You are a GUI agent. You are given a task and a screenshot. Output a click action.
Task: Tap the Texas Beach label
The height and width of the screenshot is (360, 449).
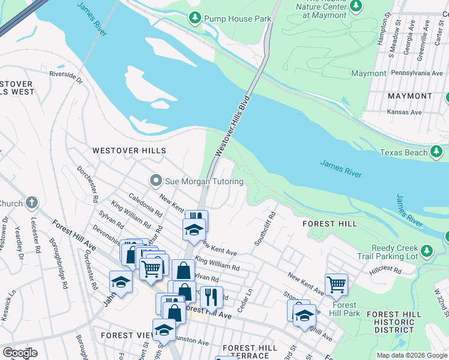(405, 152)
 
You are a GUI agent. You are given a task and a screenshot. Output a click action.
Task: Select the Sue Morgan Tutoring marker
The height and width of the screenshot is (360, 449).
(156, 181)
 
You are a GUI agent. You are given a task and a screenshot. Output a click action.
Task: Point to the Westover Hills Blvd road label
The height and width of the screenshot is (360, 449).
(232, 128)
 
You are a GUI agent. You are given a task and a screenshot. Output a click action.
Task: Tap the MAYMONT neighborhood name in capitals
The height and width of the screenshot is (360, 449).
(410, 96)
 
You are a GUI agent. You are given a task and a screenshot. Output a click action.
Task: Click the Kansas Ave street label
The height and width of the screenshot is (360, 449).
(405, 112)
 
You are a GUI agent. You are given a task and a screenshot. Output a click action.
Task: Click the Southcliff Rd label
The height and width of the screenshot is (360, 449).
(265, 229)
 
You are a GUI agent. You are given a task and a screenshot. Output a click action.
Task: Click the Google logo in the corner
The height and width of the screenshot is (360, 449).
(19, 353)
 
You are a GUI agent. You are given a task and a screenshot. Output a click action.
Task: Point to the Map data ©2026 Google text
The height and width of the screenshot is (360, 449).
(412, 355)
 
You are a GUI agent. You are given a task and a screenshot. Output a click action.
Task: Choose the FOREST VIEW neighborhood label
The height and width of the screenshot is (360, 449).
(124, 335)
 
